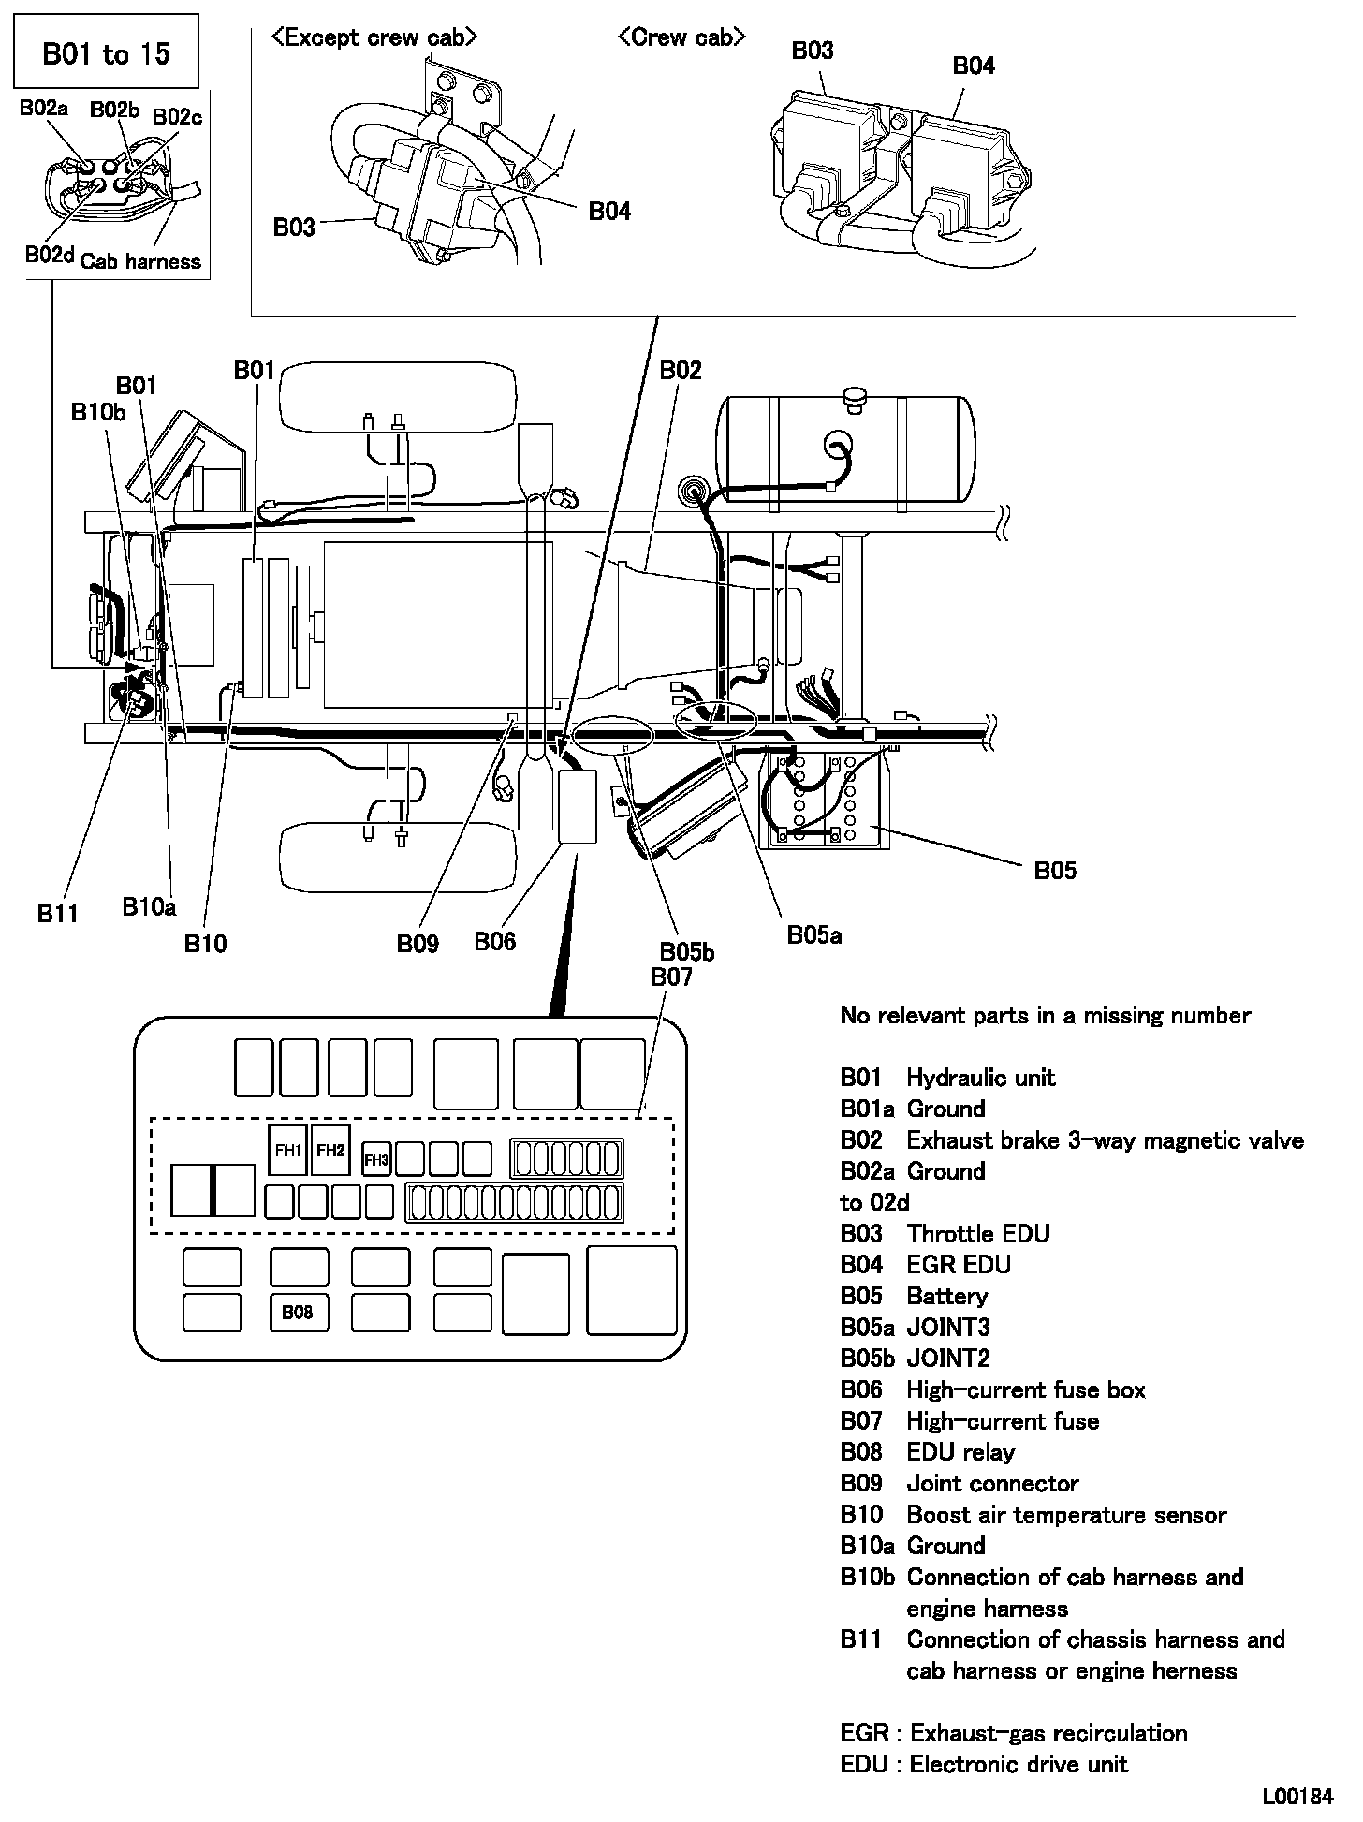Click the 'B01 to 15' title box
point(107,53)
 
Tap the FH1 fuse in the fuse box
point(287,1150)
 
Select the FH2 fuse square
point(330,1149)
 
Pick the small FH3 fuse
point(376,1160)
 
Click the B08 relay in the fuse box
point(298,1312)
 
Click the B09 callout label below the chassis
point(417,943)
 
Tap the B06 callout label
point(494,941)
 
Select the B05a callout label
point(813,933)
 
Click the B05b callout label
point(686,952)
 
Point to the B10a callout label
point(149,905)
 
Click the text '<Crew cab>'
point(681,37)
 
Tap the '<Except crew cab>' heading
point(374,37)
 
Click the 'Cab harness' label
point(140,261)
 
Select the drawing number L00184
point(1297,1797)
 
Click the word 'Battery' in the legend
point(946,1296)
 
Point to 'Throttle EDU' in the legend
point(977,1233)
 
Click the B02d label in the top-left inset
point(49,255)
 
